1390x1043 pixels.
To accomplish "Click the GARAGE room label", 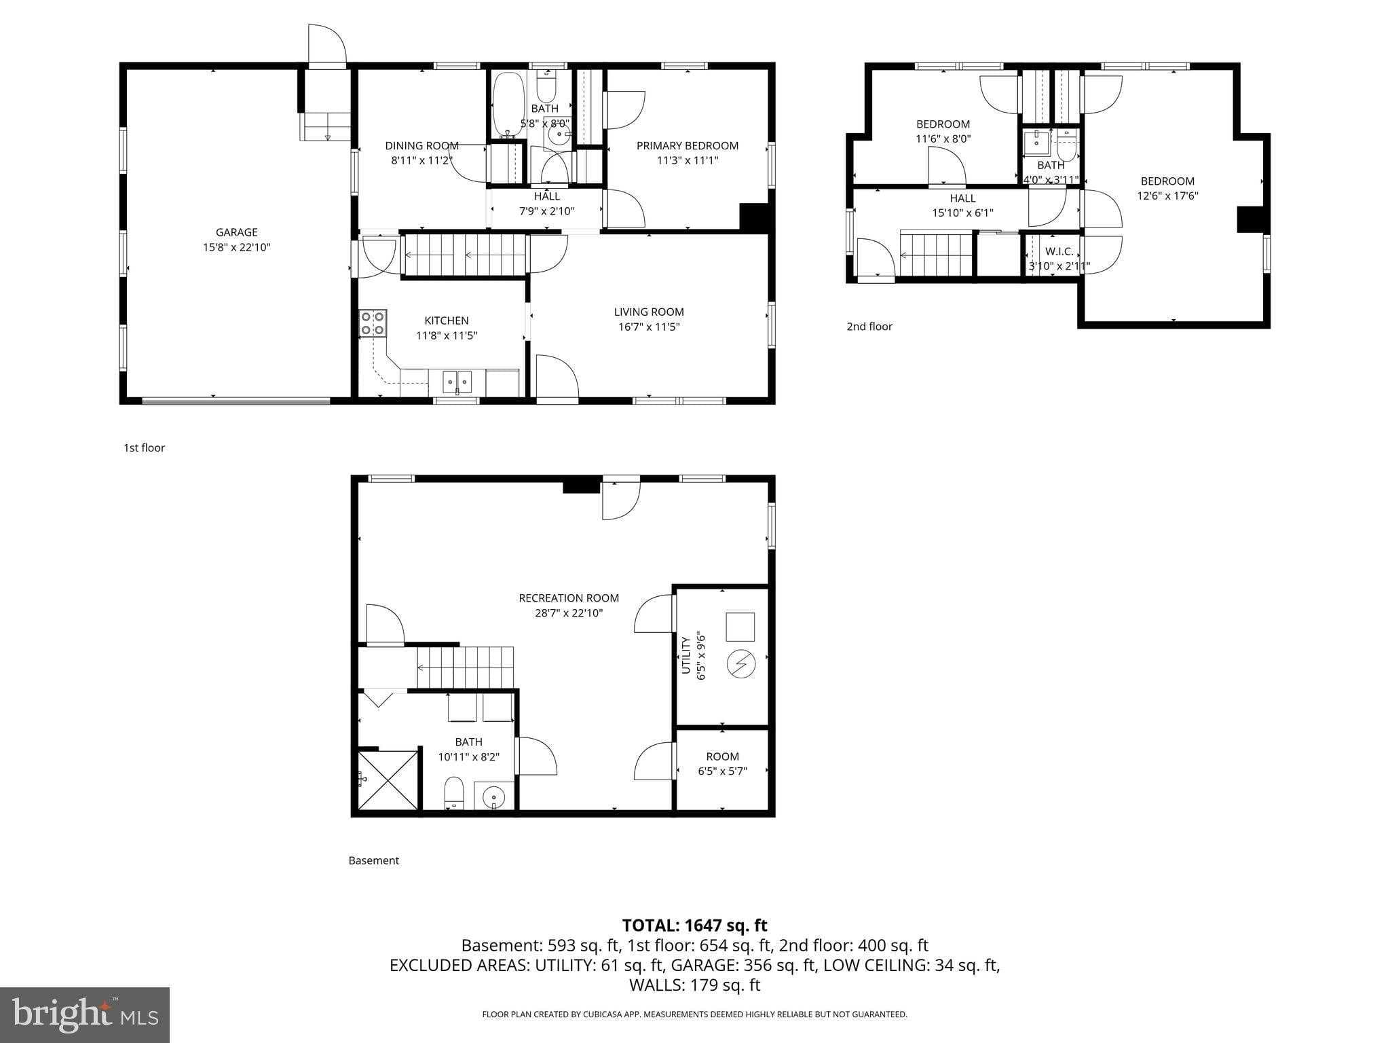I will coord(236,233).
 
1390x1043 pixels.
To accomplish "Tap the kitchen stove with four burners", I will coord(373,323).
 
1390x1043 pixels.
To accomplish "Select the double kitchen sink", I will coord(457,382).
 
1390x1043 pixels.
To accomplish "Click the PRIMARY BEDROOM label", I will coord(687,146).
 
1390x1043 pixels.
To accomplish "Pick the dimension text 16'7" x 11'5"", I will coord(648,327).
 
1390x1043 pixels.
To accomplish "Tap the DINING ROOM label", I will coord(421,146).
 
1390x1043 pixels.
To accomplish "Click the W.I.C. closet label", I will coord(1059,252).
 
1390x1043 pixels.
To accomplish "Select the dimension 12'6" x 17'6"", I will coord(1167,196).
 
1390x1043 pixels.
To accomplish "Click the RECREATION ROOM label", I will coord(568,598).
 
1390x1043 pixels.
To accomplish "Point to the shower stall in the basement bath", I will coord(388,780).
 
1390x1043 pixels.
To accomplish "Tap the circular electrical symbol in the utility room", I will coord(740,663).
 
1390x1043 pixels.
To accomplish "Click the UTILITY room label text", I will coord(685,656).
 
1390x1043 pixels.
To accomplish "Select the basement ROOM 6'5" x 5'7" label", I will coord(722,763).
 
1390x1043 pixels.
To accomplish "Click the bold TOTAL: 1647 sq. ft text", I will coord(694,926).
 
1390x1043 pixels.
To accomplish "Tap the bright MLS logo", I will coord(85,1014).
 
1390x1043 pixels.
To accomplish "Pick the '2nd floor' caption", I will coord(869,327).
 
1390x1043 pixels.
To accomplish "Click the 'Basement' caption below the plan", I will coord(373,860).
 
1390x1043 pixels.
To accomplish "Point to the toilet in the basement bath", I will coord(453,792).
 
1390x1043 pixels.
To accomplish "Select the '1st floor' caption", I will coord(144,448).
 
